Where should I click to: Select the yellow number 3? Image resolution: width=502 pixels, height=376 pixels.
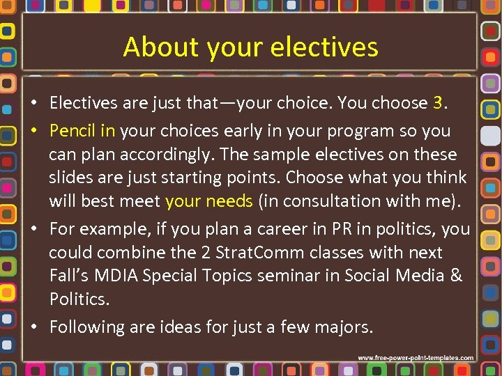tap(437, 104)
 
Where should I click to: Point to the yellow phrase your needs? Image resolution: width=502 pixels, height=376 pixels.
tap(208, 201)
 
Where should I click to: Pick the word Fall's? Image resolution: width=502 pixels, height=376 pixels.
tap(66, 275)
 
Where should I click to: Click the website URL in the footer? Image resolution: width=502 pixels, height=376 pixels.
tap(416, 358)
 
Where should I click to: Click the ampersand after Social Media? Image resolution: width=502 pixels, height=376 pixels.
tap(455, 275)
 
